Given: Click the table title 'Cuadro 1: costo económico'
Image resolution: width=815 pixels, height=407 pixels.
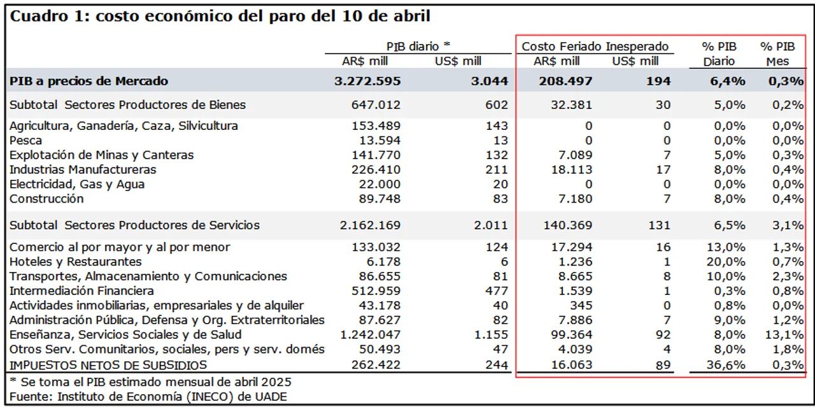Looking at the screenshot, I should pyautogui.click(x=220, y=17).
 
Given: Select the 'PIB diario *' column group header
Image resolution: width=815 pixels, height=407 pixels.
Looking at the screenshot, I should pyautogui.click(x=418, y=46).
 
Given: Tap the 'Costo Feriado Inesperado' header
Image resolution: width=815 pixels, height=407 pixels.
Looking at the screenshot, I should pyautogui.click(x=595, y=46).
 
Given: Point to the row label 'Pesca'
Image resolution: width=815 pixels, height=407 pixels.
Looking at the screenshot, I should pyautogui.click(x=26, y=140).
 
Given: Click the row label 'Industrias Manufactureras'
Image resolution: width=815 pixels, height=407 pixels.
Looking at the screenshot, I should pyautogui.click(x=83, y=169).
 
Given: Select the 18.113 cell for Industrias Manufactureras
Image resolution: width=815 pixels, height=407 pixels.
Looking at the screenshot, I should pyautogui.click(x=570, y=169).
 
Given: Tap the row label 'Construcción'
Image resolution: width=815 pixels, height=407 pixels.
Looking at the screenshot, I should pyautogui.click(x=46, y=199).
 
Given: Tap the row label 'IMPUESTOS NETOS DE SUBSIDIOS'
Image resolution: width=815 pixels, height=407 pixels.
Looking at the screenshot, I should pyautogui.click(x=108, y=364).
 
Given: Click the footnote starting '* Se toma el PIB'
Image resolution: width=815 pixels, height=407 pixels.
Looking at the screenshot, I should pyautogui.click(x=150, y=382).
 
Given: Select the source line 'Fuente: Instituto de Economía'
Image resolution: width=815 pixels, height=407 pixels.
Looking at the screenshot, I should pyautogui.click(x=148, y=396).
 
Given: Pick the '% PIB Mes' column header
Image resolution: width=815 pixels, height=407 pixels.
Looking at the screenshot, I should pyautogui.click(x=777, y=54).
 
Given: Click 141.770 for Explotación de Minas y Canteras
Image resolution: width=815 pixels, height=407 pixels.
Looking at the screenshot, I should pyautogui.click(x=376, y=155).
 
